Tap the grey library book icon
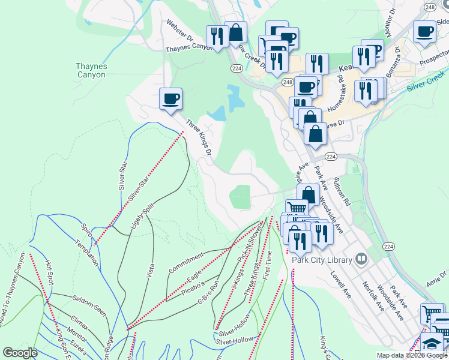pos(361,259)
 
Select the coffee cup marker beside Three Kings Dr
pos(171,98)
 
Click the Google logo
pos(20,353)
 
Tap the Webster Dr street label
pos(181,34)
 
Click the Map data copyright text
pos(412,355)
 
